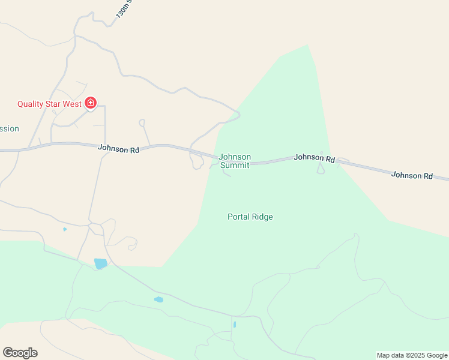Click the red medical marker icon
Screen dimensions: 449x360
coord(91,104)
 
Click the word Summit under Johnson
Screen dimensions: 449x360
coord(235,165)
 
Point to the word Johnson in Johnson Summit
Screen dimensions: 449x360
coord(235,157)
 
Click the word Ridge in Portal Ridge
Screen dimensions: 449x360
coord(262,217)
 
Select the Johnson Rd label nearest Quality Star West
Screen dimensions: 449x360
coord(118,148)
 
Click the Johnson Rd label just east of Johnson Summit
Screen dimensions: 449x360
coord(314,158)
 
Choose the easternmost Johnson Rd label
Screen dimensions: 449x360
coord(412,175)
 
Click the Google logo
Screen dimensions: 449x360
coord(20,353)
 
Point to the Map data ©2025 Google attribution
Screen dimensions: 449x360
coord(412,355)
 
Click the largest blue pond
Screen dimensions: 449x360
coord(100,263)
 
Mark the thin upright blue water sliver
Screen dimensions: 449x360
coord(234,325)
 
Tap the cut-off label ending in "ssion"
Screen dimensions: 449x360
coord(10,128)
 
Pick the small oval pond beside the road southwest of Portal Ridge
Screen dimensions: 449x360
coord(158,299)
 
